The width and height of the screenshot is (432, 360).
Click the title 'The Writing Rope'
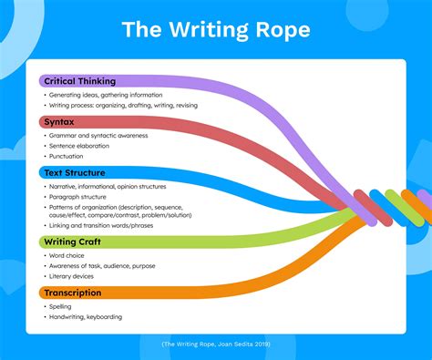click(216, 30)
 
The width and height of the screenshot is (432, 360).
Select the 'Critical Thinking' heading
click(80, 81)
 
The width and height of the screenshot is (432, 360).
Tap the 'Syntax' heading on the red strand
click(61, 121)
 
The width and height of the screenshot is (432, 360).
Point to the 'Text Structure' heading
click(75, 171)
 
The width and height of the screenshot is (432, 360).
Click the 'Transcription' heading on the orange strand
click(73, 293)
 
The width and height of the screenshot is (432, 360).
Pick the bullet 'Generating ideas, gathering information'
click(105, 95)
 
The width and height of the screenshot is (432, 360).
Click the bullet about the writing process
click(122, 106)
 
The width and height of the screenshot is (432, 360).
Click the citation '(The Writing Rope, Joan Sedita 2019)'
click(216, 345)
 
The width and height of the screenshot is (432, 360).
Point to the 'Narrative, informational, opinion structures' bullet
click(116, 185)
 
